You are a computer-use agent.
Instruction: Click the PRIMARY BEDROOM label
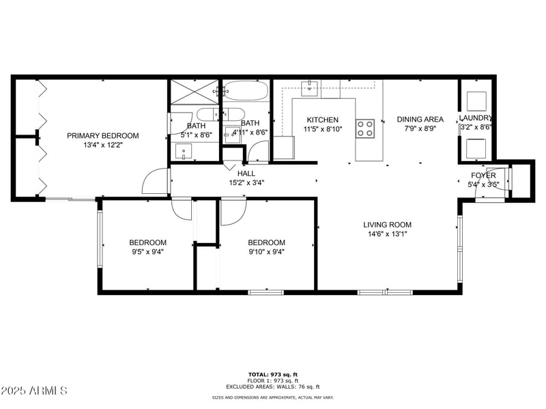[x=102, y=136]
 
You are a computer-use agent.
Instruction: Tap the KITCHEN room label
[x=322, y=119]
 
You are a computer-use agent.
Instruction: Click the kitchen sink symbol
[x=311, y=87]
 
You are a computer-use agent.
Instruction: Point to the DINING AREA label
[x=420, y=119]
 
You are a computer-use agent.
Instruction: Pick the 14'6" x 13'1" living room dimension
[x=387, y=234]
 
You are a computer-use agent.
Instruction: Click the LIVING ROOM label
[x=387, y=225]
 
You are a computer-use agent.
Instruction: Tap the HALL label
[x=246, y=173]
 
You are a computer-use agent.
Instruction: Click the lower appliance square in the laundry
[x=476, y=147]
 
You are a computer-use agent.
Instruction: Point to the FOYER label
[x=483, y=175]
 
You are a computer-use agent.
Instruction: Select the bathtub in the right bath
[x=246, y=91]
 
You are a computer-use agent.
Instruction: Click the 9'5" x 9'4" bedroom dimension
[x=147, y=251]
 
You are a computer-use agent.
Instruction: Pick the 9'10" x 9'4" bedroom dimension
[x=266, y=251]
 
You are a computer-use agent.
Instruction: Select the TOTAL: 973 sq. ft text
[x=272, y=374]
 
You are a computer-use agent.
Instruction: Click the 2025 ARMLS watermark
[x=34, y=391]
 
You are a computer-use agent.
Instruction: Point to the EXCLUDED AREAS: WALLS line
[x=272, y=386]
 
